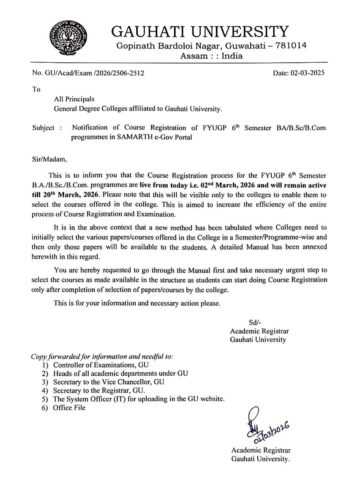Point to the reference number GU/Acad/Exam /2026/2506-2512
point(94,73)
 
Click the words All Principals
point(74,99)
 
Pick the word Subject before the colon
point(43,128)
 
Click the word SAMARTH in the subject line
point(132,137)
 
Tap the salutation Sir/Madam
point(49,159)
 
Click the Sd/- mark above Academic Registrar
point(255,322)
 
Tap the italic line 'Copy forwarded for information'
point(102,356)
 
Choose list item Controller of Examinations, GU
point(101,365)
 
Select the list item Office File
point(69,408)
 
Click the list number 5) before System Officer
point(45,399)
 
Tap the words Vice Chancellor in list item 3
point(128,382)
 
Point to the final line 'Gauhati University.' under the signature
point(261,459)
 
